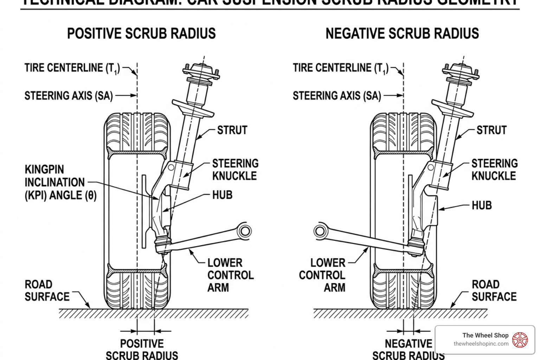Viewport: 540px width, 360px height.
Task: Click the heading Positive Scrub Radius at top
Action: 141,34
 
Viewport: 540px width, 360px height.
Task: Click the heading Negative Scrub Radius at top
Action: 402,34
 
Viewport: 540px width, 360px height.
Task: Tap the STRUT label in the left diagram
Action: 232,130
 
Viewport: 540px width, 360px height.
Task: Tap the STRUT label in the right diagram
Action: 491,130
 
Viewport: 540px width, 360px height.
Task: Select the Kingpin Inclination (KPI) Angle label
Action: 60,182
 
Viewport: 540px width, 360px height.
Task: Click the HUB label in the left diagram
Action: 222,195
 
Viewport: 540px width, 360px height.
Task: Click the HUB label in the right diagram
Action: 481,205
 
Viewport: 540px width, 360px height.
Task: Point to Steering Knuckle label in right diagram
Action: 494,169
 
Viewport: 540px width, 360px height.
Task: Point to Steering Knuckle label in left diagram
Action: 235,169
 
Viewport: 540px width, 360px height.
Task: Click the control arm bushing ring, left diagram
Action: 244,231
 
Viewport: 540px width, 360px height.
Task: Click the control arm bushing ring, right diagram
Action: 320,231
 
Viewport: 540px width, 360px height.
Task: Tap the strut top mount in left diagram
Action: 201,72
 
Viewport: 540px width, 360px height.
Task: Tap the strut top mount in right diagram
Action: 460,72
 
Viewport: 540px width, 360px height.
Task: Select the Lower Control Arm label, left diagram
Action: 230,275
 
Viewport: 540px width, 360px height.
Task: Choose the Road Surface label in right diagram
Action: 494,290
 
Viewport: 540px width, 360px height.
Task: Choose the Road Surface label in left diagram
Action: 47,290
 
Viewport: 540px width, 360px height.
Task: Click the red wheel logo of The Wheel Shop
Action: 520,340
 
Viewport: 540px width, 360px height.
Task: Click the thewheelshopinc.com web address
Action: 481,344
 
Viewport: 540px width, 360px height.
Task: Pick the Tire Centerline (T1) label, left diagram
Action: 72,68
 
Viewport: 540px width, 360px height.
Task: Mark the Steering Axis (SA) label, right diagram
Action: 337,96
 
